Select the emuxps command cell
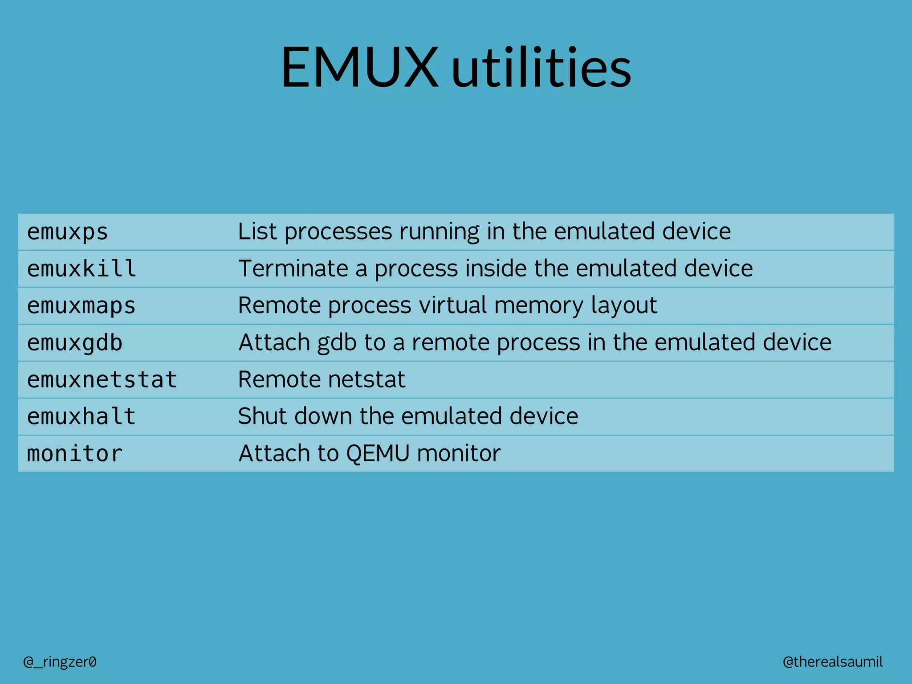(68, 232)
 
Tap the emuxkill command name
(81, 269)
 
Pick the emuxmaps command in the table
(81, 306)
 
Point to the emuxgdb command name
(75, 343)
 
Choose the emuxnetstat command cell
(102, 380)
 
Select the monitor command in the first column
(75, 454)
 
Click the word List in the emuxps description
(257, 232)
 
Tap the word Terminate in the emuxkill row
(293, 269)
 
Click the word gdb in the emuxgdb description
(337, 342)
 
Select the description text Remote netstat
(322, 379)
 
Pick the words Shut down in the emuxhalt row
(295, 416)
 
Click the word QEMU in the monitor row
(378, 453)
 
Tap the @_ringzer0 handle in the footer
(60, 662)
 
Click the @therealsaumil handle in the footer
(832, 662)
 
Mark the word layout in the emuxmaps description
(623, 305)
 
